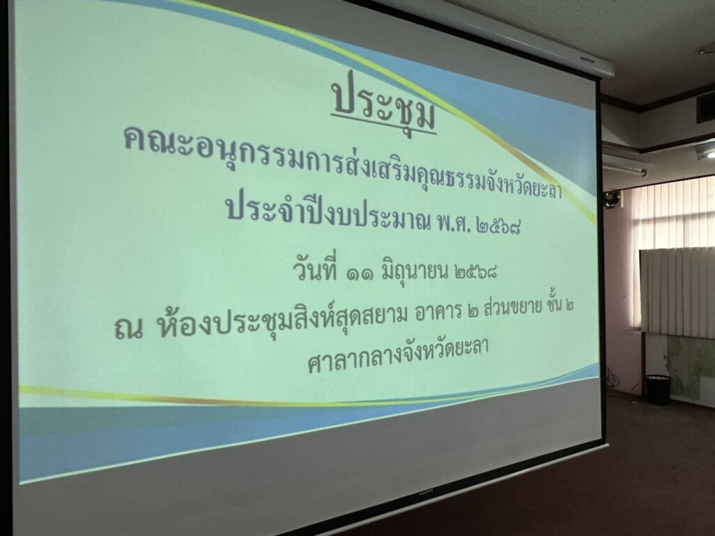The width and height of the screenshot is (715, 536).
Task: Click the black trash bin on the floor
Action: coord(658,389)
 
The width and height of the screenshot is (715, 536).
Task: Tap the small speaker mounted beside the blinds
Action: coord(613,199)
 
